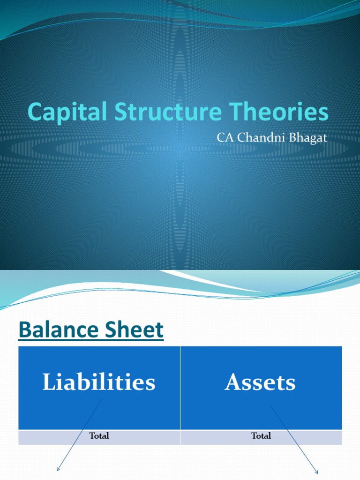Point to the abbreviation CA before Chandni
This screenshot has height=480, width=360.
click(223, 138)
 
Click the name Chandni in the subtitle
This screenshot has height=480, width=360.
click(259, 138)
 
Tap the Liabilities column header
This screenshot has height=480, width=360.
click(99, 382)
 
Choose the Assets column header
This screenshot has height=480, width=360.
click(260, 382)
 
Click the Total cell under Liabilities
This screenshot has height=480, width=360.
click(99, 436)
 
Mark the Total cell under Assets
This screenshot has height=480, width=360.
click(261, 436)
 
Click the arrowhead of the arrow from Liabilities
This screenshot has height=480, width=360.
click(58, 469)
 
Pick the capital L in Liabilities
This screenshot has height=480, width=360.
click(47, 382)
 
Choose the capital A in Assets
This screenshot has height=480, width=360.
click(233, 382)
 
